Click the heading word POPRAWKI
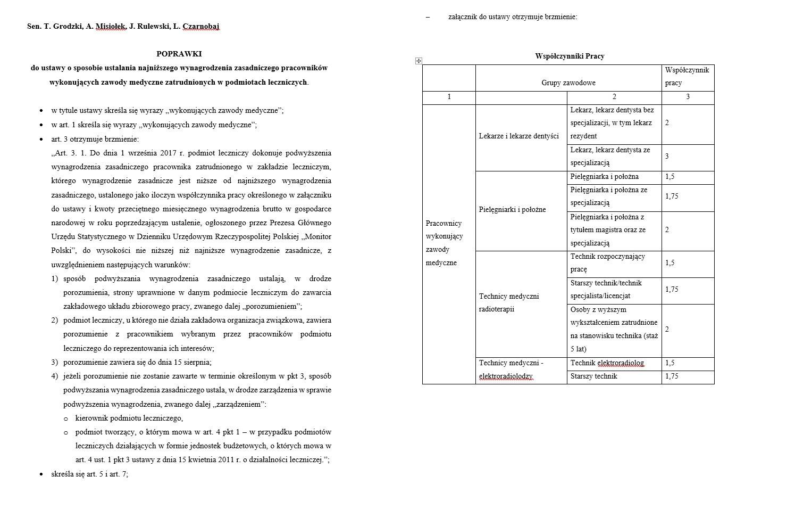[x=179, y=54]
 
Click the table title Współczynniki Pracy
[x=570, y=56]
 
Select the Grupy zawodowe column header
[x=568, y=83]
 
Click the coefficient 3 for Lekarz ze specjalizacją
[x=667, y=157]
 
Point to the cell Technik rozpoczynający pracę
[x=607, y=263]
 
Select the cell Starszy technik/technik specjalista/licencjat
[x=606, y=290]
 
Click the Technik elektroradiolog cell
[x=607, y=363]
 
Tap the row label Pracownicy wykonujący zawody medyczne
[x=444, y=243]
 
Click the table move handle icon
[x=419, y=61]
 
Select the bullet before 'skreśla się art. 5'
[x=41, y=474]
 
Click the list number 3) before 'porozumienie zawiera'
[x=54, y=363]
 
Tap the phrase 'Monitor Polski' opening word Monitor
[x=317, y=236]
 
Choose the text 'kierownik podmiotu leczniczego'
[x=129, y=418]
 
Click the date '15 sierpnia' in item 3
[x=192, y=363]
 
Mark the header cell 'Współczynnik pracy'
[x=687, y=77]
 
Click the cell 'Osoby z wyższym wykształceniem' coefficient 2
[x=667, y=330]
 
